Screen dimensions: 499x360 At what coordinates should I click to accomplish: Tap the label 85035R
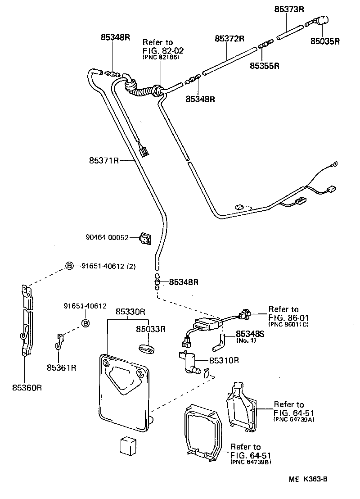pos(324,41)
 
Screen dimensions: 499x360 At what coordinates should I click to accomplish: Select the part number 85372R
pos(229,39)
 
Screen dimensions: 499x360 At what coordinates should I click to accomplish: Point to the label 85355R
pos(265,66)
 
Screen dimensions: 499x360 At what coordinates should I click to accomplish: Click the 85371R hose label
pos(103,160)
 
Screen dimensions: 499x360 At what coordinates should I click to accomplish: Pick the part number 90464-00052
pos(108,237)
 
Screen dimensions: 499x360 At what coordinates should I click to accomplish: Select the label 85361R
pos(62,367)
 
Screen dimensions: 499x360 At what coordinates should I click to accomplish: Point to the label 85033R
pos(151,329)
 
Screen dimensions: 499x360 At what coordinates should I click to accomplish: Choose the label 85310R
pos(223,360)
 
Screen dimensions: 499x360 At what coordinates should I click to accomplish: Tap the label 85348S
pos(250,334)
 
